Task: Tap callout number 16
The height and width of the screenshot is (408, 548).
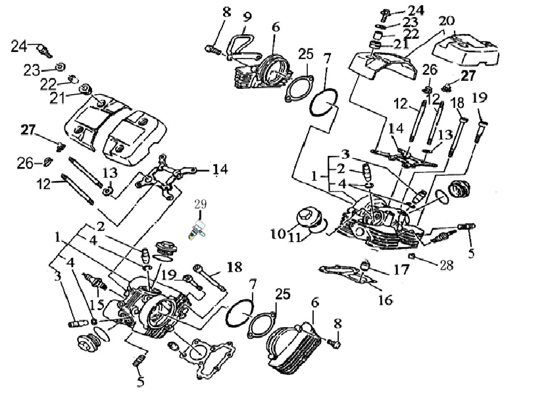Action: [386, 300]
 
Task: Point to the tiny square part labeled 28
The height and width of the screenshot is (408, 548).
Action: [412, 255]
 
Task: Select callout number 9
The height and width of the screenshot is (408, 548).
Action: [247, 16]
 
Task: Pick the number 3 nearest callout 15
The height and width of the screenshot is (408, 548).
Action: [57, 276]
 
